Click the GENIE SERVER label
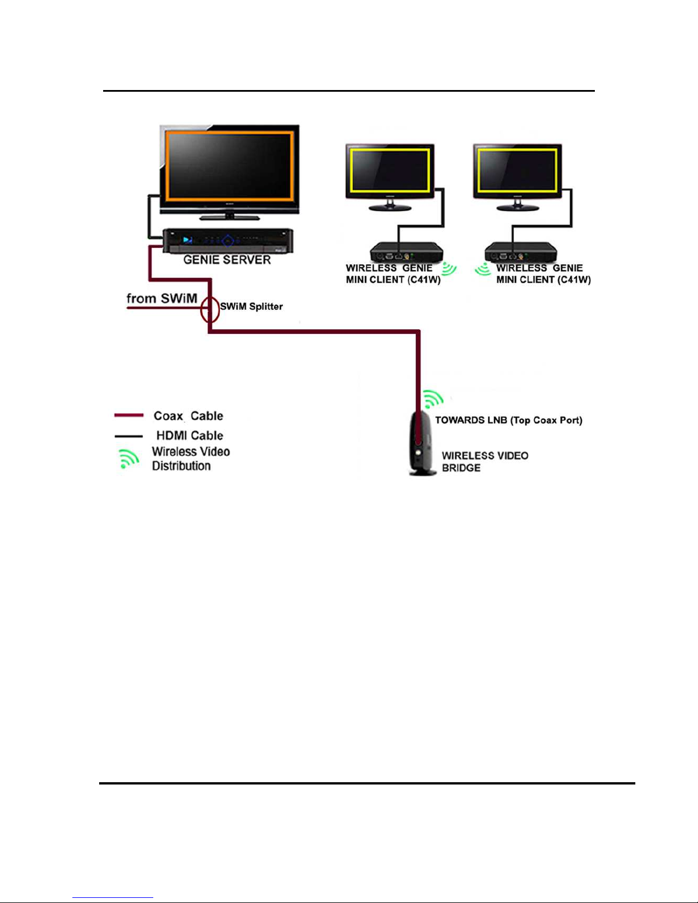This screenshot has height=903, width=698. coord(227,260)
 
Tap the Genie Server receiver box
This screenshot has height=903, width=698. coord(228,240)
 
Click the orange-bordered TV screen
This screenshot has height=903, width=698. coord(230,166)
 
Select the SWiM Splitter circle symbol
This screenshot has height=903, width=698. coord(210,309)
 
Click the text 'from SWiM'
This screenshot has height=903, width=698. coord(162,299)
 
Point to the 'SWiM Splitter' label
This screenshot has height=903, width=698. coord(251,307)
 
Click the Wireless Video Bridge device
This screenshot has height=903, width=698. coord(422,443)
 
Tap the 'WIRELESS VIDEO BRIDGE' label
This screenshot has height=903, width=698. coord(485,461)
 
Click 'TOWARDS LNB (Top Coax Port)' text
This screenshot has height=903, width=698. coord(508,420)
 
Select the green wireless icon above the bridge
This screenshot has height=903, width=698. coord(434,399)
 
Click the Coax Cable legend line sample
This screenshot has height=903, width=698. coord(129,415)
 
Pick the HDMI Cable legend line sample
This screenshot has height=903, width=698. coord(129,436)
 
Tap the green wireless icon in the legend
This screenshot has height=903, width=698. coord(129,459)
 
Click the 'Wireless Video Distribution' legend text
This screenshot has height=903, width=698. coord(191,459)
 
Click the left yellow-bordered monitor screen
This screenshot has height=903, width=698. coord(390,170)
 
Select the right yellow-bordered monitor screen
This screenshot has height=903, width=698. coord(517,170)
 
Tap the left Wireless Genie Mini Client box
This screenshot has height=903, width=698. coord(407,252)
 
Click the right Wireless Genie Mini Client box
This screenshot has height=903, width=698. coord(521,252)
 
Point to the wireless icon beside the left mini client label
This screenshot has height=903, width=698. coord(449,269)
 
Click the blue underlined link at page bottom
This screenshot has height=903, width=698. coord(113,898)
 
